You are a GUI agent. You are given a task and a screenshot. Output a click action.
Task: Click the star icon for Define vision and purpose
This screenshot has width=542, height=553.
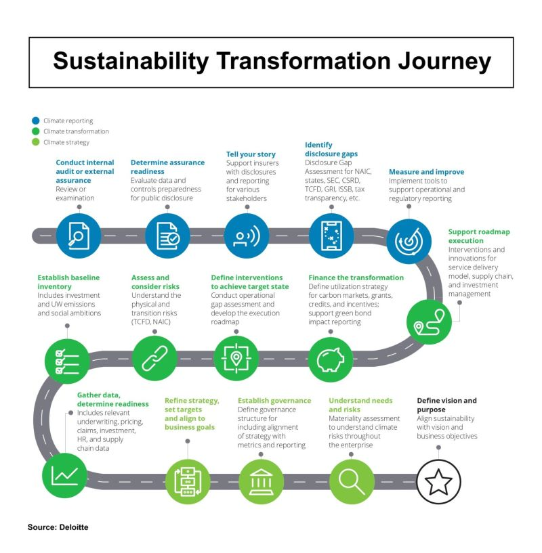pos(438,481)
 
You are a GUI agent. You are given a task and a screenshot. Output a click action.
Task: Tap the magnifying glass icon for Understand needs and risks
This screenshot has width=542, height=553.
pos(352,481)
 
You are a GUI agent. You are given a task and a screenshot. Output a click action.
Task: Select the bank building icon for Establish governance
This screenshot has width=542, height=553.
pos(261,481)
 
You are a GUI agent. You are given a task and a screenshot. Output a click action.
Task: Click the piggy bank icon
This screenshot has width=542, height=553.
pos(331,359)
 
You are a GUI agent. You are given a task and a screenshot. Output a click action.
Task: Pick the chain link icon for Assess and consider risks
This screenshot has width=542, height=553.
pos(154,359)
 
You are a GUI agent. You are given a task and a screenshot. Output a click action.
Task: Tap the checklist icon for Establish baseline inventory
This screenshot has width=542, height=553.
pos(67,361)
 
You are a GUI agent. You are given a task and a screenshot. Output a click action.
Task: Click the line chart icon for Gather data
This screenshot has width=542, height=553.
pos(64,475)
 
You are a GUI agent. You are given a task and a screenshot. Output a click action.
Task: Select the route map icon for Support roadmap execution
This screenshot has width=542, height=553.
pos(429,322)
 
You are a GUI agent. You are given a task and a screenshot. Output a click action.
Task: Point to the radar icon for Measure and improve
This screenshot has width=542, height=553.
pos(409,241)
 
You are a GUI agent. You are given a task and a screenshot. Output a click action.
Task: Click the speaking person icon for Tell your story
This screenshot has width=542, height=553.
pos(247,236)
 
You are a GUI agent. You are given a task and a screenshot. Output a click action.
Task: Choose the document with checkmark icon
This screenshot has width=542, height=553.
pos(167,236)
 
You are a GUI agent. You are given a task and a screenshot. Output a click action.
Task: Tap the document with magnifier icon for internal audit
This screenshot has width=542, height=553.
pos(79,236)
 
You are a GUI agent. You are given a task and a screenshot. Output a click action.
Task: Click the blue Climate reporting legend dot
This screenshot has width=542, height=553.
pos(36,120)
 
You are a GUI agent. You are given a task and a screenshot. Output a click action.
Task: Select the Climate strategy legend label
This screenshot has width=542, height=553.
pos(66,142)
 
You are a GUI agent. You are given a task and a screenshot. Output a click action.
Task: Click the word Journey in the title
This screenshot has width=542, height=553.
pos(444,62)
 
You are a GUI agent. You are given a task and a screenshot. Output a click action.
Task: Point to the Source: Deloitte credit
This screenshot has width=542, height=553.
pos(58,527)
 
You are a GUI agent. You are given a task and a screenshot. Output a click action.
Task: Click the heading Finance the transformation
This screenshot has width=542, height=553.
pos(356,278)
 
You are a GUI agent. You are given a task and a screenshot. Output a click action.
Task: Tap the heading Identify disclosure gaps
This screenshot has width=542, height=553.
pos(331,149)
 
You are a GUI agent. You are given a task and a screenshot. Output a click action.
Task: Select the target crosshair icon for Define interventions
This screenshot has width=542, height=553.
pos(236,359)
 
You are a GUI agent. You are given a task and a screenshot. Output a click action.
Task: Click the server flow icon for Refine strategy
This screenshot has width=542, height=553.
pos(188,481)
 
